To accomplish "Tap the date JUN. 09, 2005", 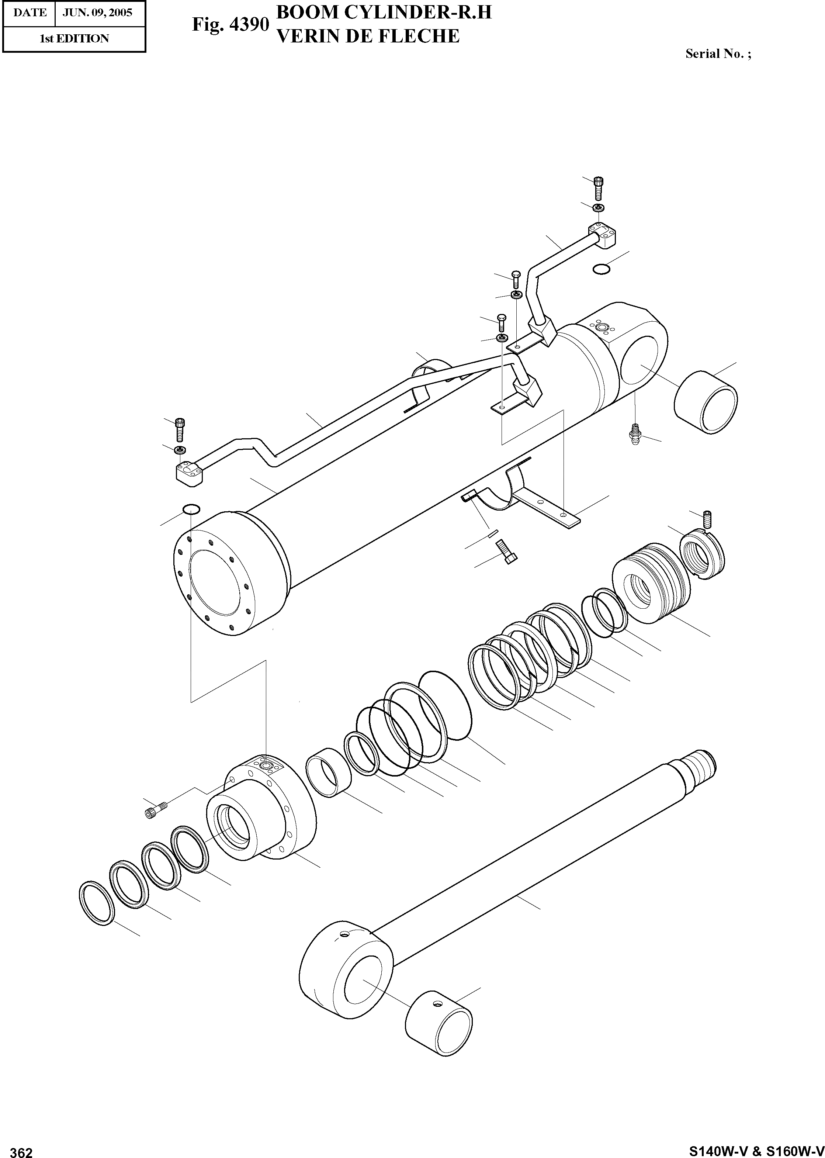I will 97,12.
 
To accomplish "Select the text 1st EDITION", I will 74,39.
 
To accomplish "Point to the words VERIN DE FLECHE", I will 367,36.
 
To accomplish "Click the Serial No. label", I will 718,54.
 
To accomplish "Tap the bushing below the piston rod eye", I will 439,1022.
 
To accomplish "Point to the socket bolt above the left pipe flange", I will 180,430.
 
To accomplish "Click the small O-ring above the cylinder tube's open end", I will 191,509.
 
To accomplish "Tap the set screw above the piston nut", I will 707,519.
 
